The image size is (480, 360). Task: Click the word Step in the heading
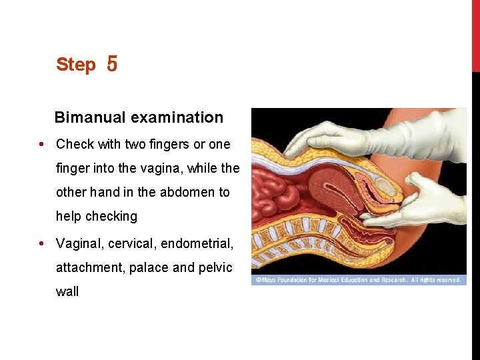pyautogui.click(x=76, y=65)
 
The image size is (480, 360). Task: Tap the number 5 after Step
pyautogui.click(x=111, y=65)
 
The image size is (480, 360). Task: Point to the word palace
pyautogui.click(x=149, y=268)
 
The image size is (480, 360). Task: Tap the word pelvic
pyautogui.click(x=215, y=268)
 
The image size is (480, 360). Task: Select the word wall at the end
pyautogui.click(x=67, y=292)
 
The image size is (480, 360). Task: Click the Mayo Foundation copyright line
pyautogui.click(x=359, y=281)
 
